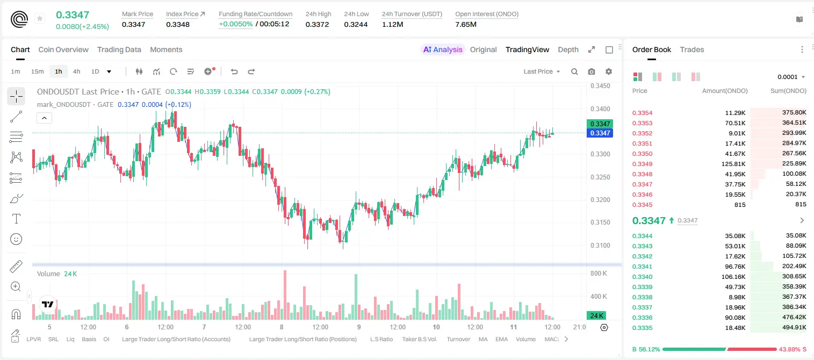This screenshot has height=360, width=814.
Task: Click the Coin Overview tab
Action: pos(63,49)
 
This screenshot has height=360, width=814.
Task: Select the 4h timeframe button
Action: pos(76,71)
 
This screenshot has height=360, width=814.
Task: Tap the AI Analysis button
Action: pos(443,49)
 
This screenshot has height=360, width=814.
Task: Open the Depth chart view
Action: pos(568,49)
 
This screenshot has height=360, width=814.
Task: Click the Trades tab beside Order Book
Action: pos(692,49)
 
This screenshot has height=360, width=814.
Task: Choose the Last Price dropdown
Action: pos(542,71)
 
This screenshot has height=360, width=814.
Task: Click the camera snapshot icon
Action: pos(592,71)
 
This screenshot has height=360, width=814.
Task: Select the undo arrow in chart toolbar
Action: pos(234,71)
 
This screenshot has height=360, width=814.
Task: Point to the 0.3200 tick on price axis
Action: pos(600,200)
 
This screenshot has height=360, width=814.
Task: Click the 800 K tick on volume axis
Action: pos(599,273)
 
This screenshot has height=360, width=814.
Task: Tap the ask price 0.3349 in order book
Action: pos(642,164)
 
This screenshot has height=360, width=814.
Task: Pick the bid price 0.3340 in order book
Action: pos(642,277)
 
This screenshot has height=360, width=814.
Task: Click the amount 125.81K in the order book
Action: pos(733,164)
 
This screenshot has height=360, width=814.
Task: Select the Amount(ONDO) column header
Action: pos(725,91)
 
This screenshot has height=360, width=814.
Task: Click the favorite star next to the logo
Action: pos(40,18)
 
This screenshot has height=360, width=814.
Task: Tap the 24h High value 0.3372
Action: pos(317,24)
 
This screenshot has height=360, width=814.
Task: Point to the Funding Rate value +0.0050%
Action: pos(235,24)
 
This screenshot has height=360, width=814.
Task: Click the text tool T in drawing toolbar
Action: pos(16,219)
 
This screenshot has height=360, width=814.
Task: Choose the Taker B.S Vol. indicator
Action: pos(419,339)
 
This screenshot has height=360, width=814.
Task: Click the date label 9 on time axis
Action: pos(359,327)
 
